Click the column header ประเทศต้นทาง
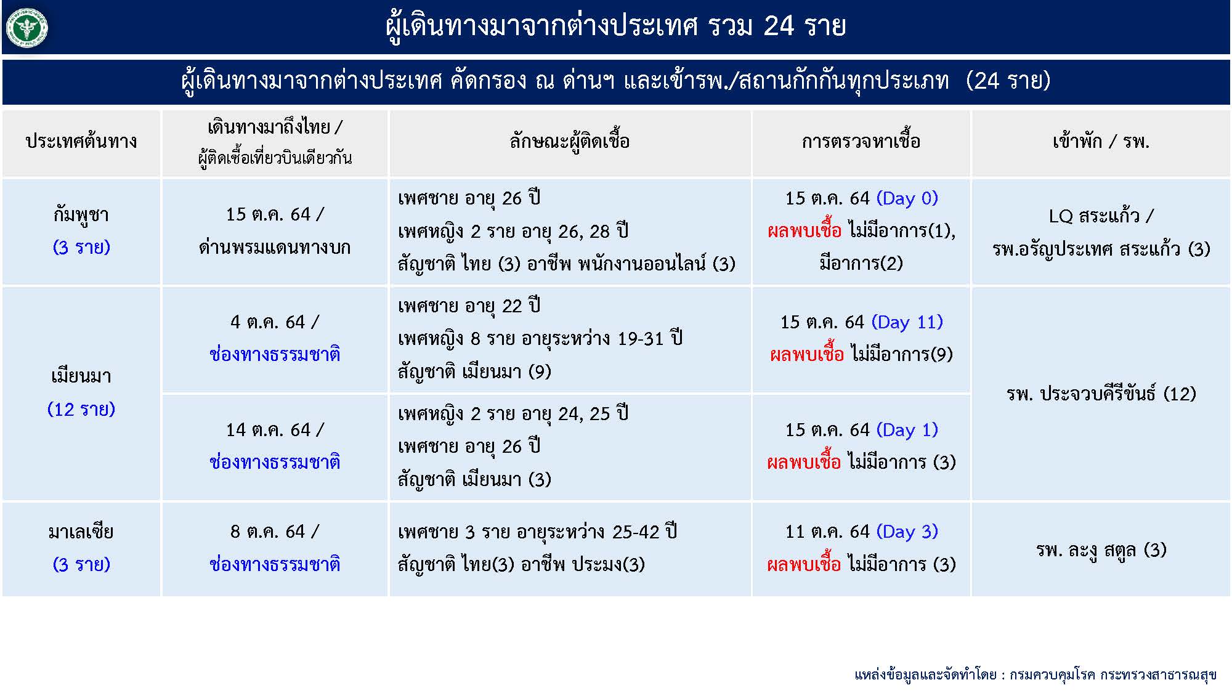[x=81, y=142]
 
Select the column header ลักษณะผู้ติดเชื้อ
[x=569, y=142]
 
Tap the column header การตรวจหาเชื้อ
[x=861, y=142]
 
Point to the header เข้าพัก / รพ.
[x=1101, y=142]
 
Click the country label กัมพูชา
[x=81, y=215]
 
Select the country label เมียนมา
[x=81, y=376]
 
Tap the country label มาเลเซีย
[x=81, y=532]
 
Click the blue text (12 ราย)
[x=81, y=410]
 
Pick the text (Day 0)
[x=907, y=198]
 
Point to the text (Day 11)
[x=907, y=322]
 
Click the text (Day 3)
[x=907, y=532]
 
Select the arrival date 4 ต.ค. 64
[x=267, y=322]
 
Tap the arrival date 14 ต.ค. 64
[x=268, y=430]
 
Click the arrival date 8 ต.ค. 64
[x=267, y=532]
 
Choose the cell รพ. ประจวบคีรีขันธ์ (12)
[x=1101, y=394]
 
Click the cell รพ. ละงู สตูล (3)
[x=1101, y=550]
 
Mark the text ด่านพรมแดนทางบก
[x=275, y=248]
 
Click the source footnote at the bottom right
[x=1035, y=675]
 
